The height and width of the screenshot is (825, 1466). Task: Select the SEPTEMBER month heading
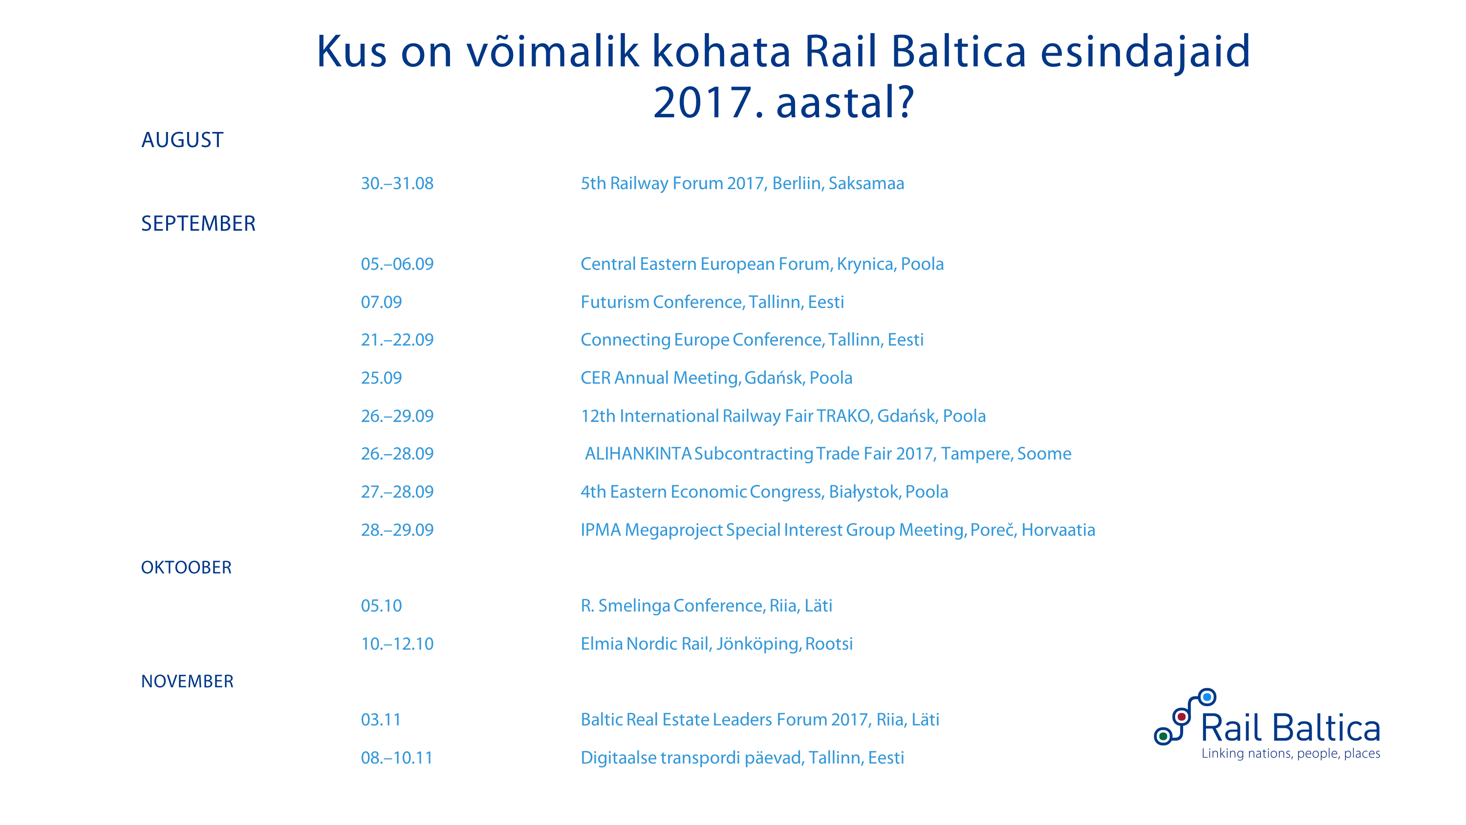[x=198, y=224]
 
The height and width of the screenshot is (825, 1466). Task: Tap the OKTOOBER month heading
[x=186, y=567]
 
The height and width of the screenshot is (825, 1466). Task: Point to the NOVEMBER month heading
[x=187, y=681]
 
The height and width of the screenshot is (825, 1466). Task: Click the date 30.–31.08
[x=397, y=183]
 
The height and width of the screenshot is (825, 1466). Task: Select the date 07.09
[x=381, y=303]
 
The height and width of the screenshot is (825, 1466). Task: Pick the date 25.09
[x=381, y=378]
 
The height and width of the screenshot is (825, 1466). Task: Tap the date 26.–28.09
[x=397, y=454]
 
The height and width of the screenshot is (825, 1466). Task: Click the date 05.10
[x=381, y=606]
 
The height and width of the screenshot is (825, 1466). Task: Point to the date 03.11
[x=381, y=719]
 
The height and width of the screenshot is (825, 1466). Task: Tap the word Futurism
[x=615, y=303]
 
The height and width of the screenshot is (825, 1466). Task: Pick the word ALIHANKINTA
[x=638, y=454]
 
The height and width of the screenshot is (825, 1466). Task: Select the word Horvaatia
[x=1058, y=530]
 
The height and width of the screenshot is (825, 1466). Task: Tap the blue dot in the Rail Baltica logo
[x=1207, y=697]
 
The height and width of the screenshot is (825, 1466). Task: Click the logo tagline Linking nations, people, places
[x=1291, y=754]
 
